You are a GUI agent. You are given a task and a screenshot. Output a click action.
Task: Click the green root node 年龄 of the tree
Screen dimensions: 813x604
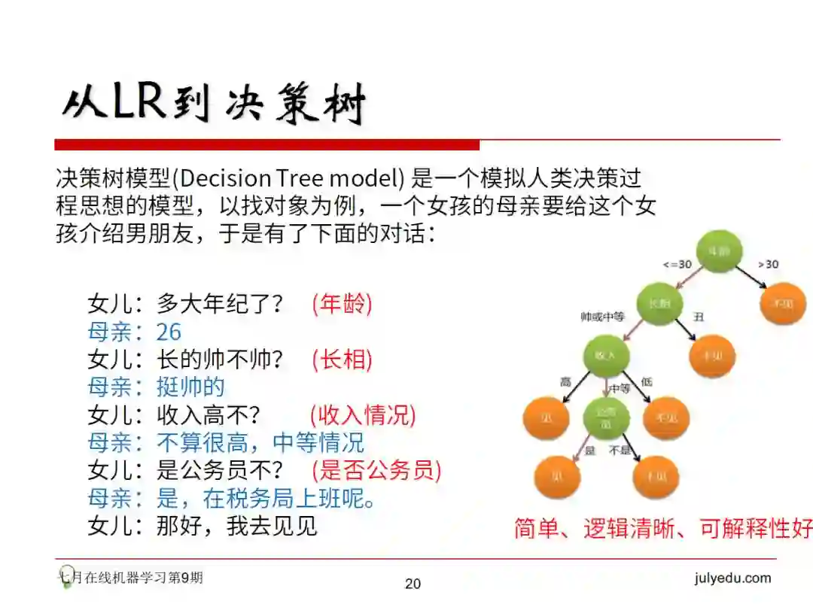(x=719, y=252)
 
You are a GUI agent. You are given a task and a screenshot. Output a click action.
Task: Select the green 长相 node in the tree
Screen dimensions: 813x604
(x=659, y=304)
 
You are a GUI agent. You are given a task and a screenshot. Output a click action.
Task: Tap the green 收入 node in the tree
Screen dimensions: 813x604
(x=606, y=355)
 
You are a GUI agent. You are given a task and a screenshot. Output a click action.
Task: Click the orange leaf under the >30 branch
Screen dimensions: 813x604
(x=784, y=304)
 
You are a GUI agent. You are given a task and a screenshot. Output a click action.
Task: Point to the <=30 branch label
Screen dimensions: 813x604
(x=676, y=265)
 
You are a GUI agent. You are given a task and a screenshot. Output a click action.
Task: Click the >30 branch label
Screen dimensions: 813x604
(x=767, y=265)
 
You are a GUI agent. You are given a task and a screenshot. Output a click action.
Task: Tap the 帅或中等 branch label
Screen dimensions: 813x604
(x=602, y=317)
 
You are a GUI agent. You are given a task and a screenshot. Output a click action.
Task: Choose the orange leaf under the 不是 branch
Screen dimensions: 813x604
(x=656, y=476)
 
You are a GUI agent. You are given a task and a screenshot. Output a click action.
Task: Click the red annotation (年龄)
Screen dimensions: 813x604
(x=342, y=304)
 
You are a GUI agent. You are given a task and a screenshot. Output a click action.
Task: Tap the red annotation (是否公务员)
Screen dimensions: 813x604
(x=376, y=471)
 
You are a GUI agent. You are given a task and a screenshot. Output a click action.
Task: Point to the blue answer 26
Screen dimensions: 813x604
(x=169, y=332)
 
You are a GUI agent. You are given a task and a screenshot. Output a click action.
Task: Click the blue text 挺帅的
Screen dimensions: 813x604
(x=190, y=387)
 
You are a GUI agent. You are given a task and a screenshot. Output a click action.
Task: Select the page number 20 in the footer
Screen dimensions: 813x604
(x=413, y=584)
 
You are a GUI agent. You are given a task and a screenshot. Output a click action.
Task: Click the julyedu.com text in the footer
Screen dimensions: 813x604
(x=732, y=578)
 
